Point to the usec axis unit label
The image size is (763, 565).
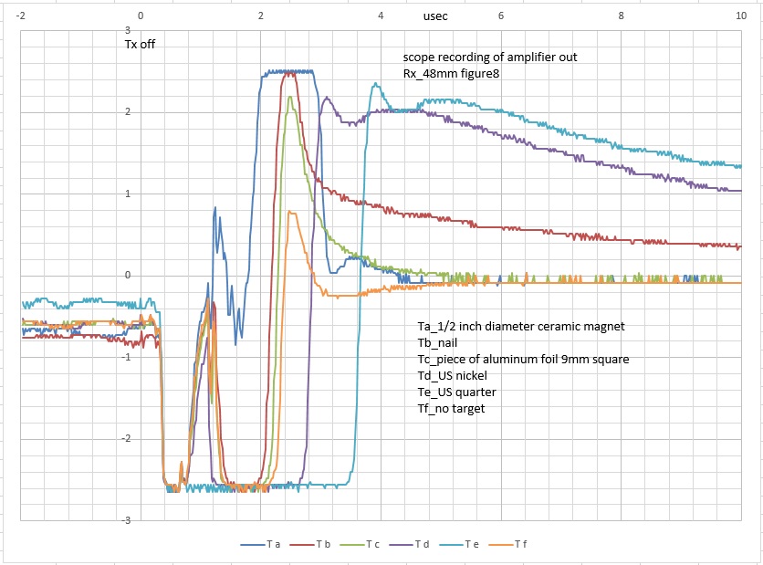click(x=436, y=16)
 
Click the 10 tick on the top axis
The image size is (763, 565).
click(x=740, y=16)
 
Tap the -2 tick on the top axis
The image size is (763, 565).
click(x=21, y=16)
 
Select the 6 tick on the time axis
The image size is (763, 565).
click(x=500, y=16)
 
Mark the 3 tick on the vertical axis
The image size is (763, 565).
click(x=126, y=30)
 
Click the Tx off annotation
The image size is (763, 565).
click(x=141, y=43)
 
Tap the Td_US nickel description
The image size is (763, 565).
click(x=455, y=376)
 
